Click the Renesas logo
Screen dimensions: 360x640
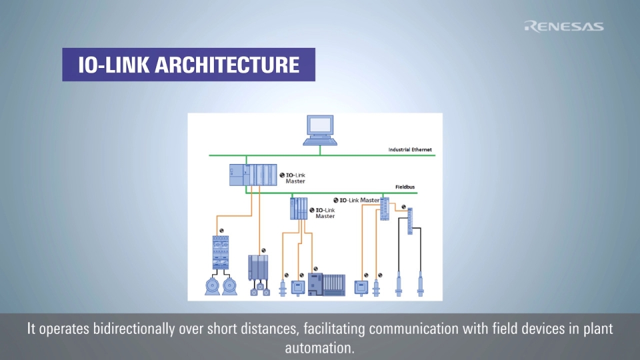(x=564, y=26)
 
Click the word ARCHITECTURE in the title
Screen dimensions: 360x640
(x=227, y=65)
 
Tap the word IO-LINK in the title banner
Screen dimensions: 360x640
(x=113, y=65)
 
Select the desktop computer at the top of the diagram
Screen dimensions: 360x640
(x=320, y=129)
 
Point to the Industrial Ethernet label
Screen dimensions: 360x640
(x=411, y=149)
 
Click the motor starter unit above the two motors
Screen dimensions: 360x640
(x=221, y=252)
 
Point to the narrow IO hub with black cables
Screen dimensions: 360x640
(x=410, y=218)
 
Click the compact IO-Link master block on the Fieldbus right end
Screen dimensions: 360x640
(x=385, y=210)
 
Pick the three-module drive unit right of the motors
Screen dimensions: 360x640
(x=258, y=271)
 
